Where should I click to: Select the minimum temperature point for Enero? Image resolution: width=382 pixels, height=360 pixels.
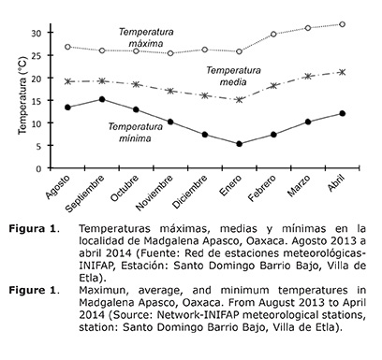239,144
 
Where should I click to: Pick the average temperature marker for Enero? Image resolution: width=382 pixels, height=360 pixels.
239,99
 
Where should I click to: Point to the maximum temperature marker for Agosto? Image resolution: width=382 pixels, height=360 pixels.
67,46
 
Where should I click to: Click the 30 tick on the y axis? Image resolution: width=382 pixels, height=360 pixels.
45,33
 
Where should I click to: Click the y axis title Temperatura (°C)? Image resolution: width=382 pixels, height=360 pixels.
14,97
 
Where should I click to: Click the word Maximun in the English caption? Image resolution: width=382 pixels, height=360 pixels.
109,290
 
